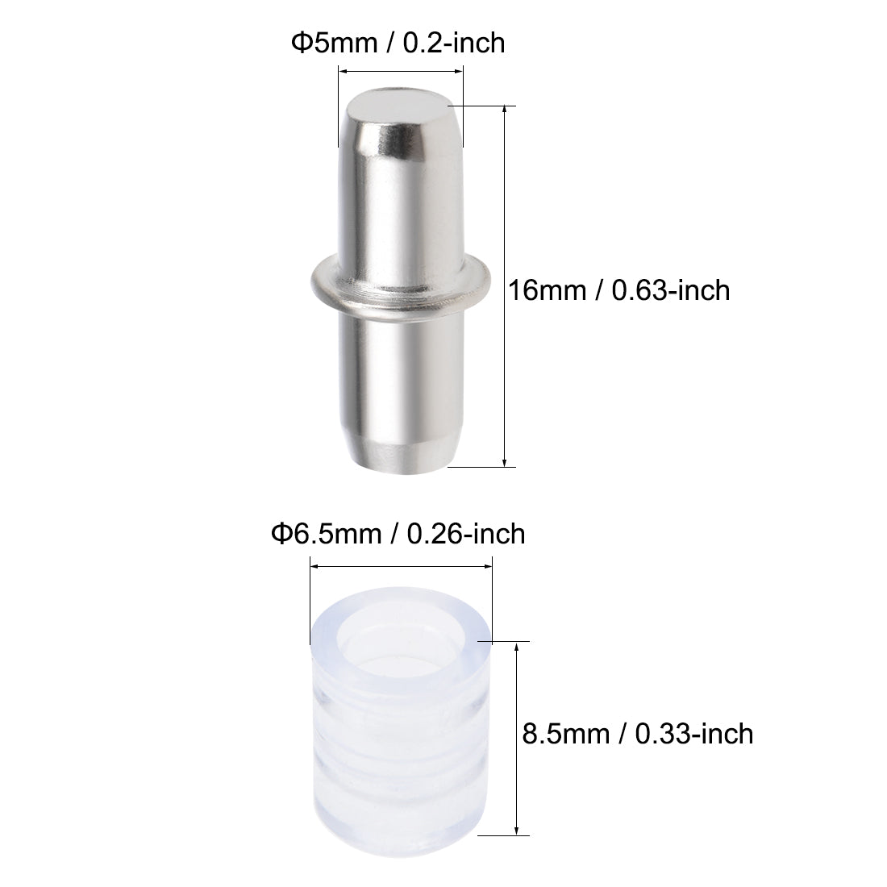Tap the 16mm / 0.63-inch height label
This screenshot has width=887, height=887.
(x=618, y=290)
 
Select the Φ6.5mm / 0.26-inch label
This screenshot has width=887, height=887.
(x=398, y=533)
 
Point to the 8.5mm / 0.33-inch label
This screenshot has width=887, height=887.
(x=635, y=733)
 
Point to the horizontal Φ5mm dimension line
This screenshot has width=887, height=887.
(x=401, y=72)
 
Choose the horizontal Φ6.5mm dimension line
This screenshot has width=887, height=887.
(x=401, y=567)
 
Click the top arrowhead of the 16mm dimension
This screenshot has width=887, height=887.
(x=505, y=110)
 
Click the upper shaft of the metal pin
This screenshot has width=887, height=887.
(x=399, y=202)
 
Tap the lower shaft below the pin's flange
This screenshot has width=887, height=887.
(x=399, y=379)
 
